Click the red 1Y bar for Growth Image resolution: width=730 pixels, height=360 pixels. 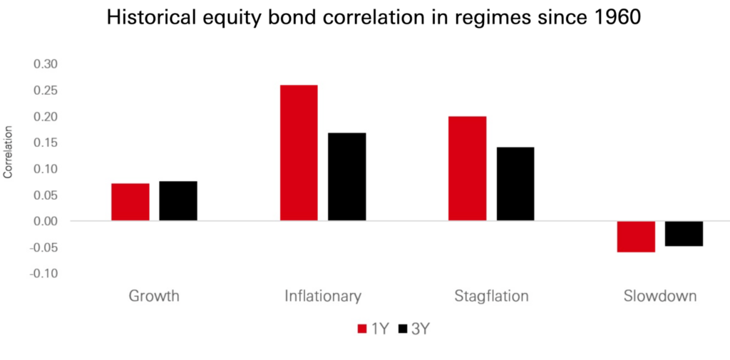point(130,202)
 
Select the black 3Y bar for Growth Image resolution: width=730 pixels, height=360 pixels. point(178,201)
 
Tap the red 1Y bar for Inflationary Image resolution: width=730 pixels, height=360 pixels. point(299,153)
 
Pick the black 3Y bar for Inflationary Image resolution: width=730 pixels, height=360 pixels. point(347,177)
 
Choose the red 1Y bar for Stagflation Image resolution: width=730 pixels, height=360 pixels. point(468,168)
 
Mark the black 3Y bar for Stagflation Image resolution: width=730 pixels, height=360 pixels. point(515,183)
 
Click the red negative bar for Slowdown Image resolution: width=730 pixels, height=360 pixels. point(636,237)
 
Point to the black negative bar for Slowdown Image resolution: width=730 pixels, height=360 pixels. point(684,234)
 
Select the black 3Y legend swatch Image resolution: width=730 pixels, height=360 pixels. point(403,329)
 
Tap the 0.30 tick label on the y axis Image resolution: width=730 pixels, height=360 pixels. point(44,64)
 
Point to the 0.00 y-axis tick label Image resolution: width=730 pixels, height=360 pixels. point(44,221)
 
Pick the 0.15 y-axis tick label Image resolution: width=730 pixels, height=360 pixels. point(44,143)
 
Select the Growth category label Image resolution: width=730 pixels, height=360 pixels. point(154,296)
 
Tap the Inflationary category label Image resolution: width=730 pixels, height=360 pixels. point(323,297)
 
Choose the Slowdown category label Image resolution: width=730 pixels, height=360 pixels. point(659,296)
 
